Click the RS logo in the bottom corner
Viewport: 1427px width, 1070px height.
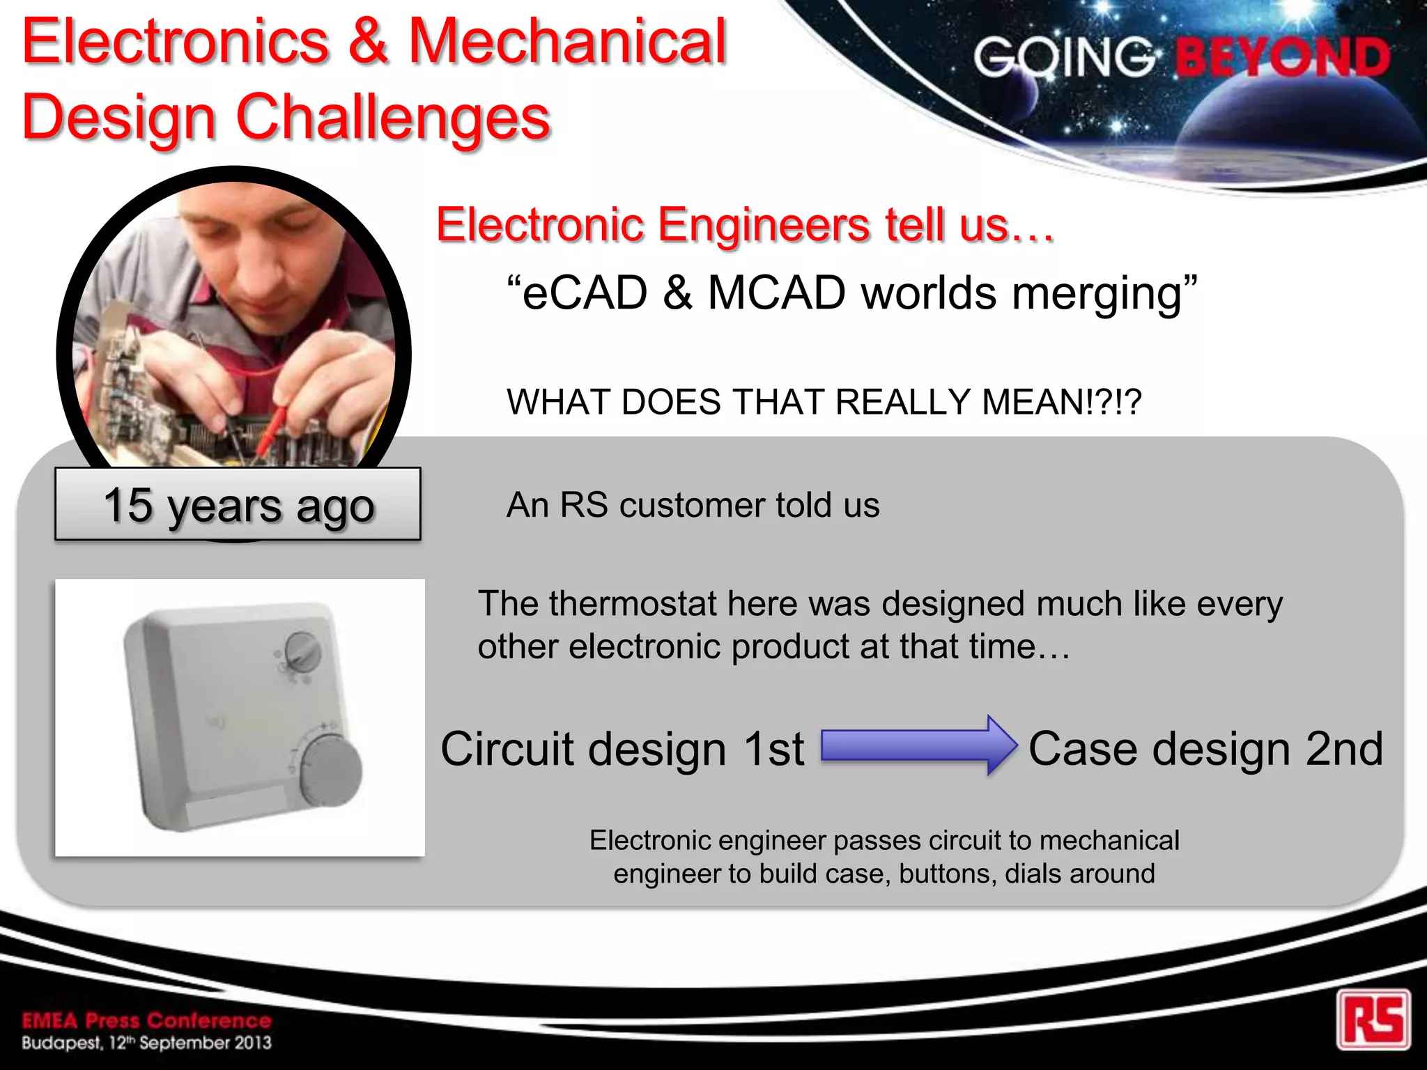click(1373, 1019)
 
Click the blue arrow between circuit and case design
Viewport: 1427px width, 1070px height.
click(918, 745)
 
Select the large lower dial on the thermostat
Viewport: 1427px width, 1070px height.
click(331, 769)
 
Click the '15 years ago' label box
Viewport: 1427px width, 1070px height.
click(238, 504)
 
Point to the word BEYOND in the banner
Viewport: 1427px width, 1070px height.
click(1283, 57)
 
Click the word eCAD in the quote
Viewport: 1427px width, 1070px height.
click(585, 293)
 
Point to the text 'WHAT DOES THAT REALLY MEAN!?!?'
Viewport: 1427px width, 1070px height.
click(824, 402)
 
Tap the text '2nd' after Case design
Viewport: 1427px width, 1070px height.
click(1343, 750)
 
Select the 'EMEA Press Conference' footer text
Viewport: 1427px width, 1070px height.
click(146, 1021)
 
